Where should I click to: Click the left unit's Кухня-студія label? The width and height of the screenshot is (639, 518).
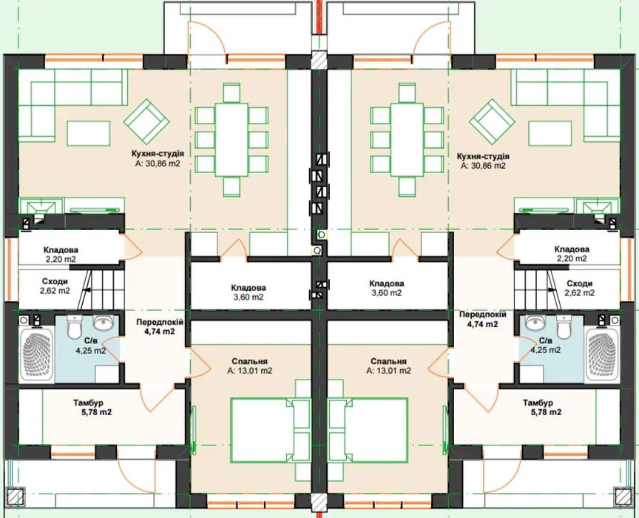(x=158, y=154)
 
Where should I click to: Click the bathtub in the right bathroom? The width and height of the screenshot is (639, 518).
(x=602, y=355)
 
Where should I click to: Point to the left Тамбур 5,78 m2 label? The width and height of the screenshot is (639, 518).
(x=92, y=408)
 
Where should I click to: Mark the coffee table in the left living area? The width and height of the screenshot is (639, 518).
(x=89, y=133)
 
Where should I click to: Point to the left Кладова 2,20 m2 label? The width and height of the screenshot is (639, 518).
(x=61, y=254)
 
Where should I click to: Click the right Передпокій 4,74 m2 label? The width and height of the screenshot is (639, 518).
(x=482, y=320)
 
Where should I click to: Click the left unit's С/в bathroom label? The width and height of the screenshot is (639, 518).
(x=89, y=340)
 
